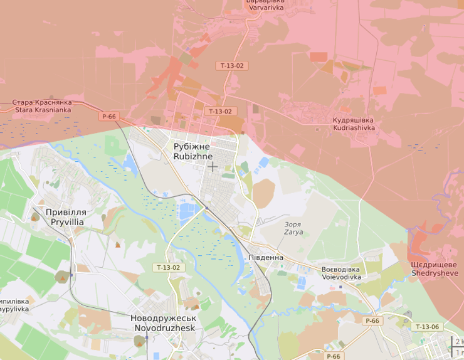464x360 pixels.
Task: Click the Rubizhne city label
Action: pos(193,151)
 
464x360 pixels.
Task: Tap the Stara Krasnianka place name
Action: pos(43,106)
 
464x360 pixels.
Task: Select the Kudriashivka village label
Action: pos(354,124)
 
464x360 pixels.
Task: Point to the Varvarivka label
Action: pos(265,4)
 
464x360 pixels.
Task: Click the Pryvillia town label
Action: pos(66,217)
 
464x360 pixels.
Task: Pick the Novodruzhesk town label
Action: pos(163,323)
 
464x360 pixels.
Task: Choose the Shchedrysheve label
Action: pos(435,269)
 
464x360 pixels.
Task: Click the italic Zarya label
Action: pos(293,228)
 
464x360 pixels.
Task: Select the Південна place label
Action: pos(266,258)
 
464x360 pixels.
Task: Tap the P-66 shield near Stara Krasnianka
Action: pos(109,116)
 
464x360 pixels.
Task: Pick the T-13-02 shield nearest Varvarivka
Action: pos(231,65)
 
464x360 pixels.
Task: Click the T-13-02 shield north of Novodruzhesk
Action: pos(168,267)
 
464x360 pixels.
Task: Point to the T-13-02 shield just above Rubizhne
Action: pos(220,111)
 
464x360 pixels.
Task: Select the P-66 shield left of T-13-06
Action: pos(372,320)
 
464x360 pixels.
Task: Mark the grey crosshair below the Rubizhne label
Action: pos(213,166)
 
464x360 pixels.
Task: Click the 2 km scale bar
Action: pos(457,342)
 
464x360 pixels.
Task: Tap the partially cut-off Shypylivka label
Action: pos(14,305)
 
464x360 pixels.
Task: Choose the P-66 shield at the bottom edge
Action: pos(334,356)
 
